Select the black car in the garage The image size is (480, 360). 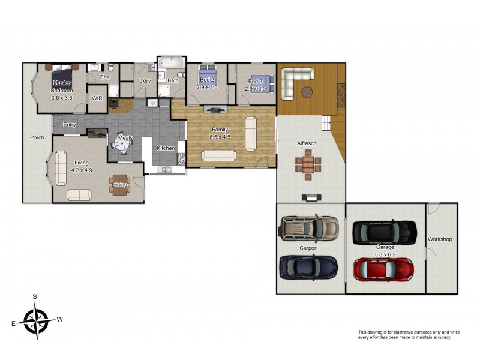(384, 231)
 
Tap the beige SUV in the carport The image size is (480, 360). (309, 228)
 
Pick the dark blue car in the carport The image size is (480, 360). (308, 266)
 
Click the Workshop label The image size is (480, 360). (440, 239)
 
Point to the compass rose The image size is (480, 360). (37, 319)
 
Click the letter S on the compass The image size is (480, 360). (35, 297)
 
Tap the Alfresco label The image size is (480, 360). (307, 144)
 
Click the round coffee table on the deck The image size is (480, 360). (307, 92)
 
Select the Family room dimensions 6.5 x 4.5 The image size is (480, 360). (220, 136)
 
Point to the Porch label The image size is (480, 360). (37, 137)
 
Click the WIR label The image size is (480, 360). (97, 98)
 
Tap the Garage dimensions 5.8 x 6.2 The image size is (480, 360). (385, 254)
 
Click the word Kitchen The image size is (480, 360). (166, 148)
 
